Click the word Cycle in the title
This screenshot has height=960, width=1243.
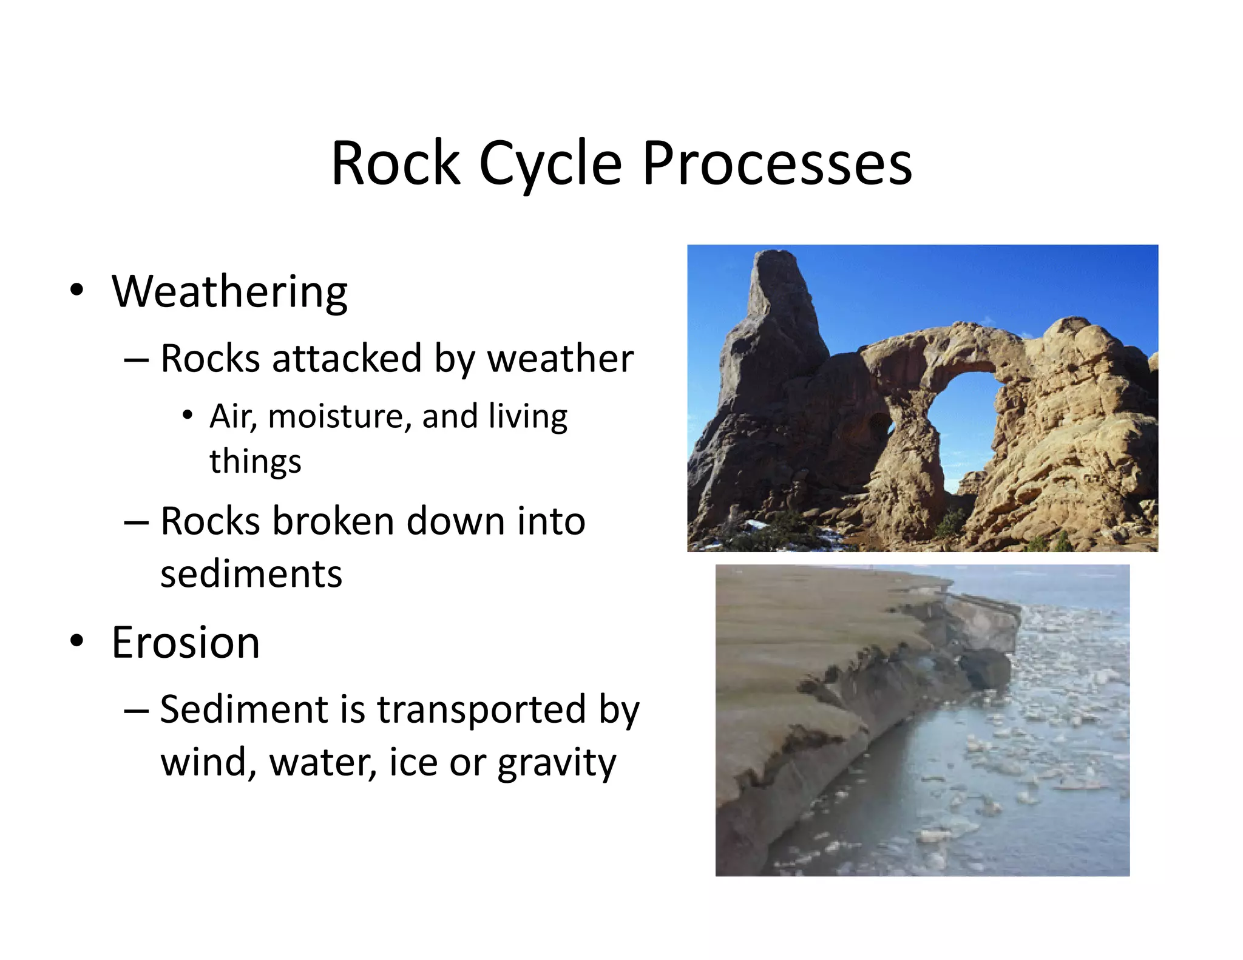[x=550, y=164]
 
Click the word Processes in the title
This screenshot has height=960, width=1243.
[x=777, y=164]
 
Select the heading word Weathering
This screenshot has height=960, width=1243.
[x=229, y=292]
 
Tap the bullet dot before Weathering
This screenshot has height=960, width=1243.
[x=76, y=289]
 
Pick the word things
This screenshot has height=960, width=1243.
[x=255, y=462]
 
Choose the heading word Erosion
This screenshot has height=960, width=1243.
[x=186, y=643]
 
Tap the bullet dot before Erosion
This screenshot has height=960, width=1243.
[x=76, y=640]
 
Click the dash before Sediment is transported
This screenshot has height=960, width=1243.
[x=136, y=710]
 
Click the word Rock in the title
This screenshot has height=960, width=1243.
[x=396, y=164]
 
